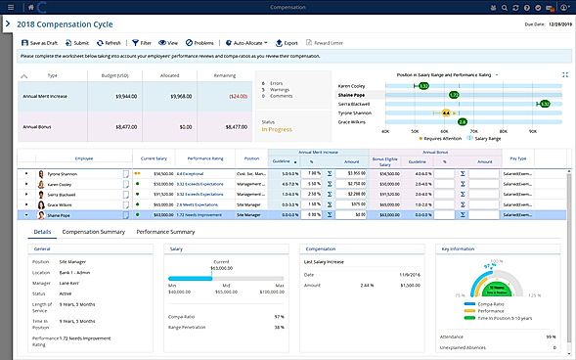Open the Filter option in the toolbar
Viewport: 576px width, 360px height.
141,43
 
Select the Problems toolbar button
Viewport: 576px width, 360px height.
199,43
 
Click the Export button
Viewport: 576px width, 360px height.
287,43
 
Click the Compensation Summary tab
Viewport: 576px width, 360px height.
93,232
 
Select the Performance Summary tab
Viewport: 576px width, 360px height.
166,232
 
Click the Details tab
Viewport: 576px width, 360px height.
42,232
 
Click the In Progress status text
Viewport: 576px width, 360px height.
280,126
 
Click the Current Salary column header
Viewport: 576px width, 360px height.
154,157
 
